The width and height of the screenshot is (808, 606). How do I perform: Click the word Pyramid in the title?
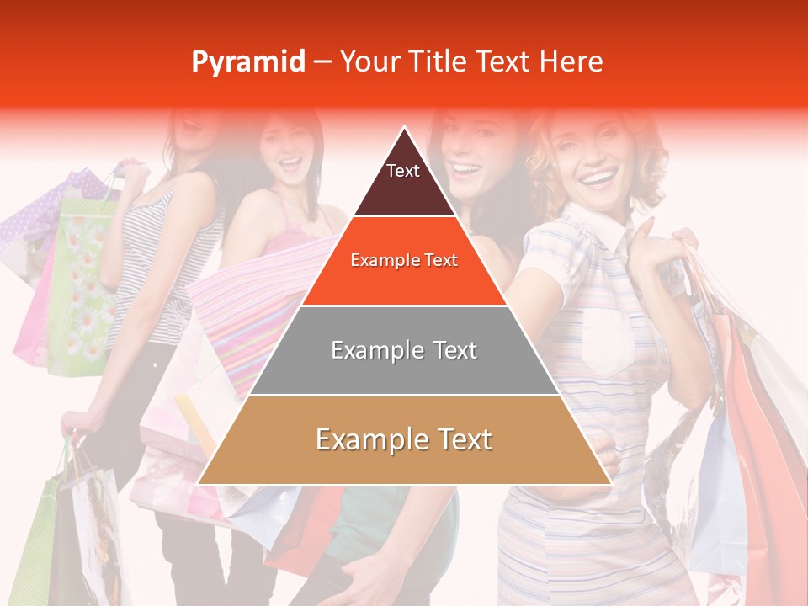(x=247, y=61)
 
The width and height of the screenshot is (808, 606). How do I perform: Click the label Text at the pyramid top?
(x=402, y=171)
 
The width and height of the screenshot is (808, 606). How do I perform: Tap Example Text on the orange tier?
(x=404, y=260)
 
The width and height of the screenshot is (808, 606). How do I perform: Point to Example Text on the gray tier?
(x=404, y=350)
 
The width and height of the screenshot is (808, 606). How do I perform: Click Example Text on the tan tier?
(x=404, y=439)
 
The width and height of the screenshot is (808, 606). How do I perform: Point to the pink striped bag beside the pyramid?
(x=244, y=311)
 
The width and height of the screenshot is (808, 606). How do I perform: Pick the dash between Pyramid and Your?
(x=322, y=62)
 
